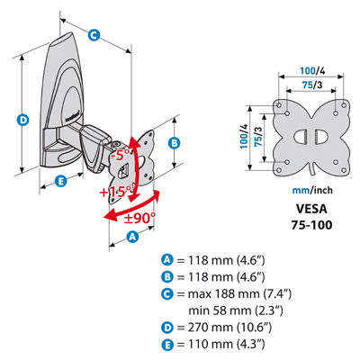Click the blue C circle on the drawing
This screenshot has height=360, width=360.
(x=94, y=34)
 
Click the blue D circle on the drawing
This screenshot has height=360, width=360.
(x=22, y=117)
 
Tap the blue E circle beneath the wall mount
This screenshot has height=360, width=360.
(x=60, y=182)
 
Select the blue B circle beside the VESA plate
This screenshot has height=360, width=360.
(x=176, y=141)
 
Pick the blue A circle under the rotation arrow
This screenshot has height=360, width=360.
(x=132, y=237)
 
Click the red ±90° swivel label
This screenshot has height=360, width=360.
(x=140, y=217)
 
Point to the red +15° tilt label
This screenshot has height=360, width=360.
(x=118, y=192)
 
